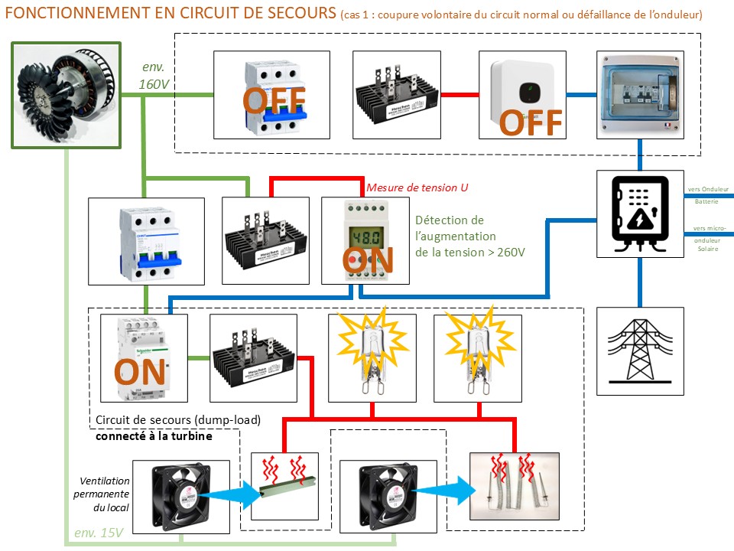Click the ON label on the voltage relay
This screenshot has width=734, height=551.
coord(368,260)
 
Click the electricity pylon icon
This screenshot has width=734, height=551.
coord(640,351)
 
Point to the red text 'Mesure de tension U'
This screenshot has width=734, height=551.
coord(417,187)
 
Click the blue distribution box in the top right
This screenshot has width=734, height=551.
coord(639,94)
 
